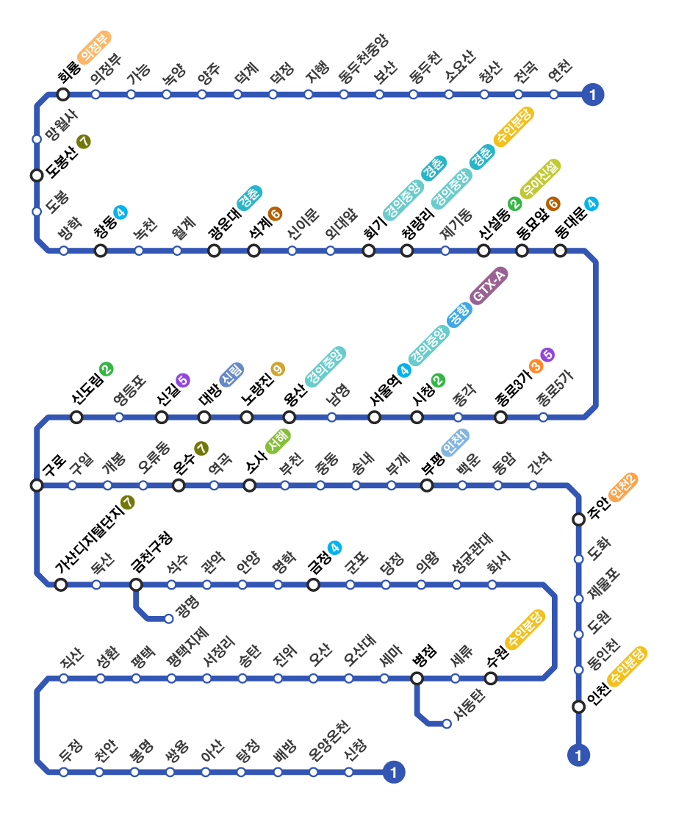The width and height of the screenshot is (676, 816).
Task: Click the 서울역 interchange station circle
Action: coord(375,418)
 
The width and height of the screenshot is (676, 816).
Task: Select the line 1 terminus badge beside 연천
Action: coord(592,94)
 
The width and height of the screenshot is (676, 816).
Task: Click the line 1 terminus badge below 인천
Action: coord(579,754)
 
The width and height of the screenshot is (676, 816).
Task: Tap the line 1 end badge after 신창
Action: coord(395,772)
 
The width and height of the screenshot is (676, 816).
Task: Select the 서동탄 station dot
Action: coord(447,724)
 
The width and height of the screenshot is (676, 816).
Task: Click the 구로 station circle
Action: coord(37,485)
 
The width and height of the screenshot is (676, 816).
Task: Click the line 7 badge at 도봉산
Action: coord(84,142)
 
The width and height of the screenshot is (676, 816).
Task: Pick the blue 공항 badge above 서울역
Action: coord(458,316)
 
